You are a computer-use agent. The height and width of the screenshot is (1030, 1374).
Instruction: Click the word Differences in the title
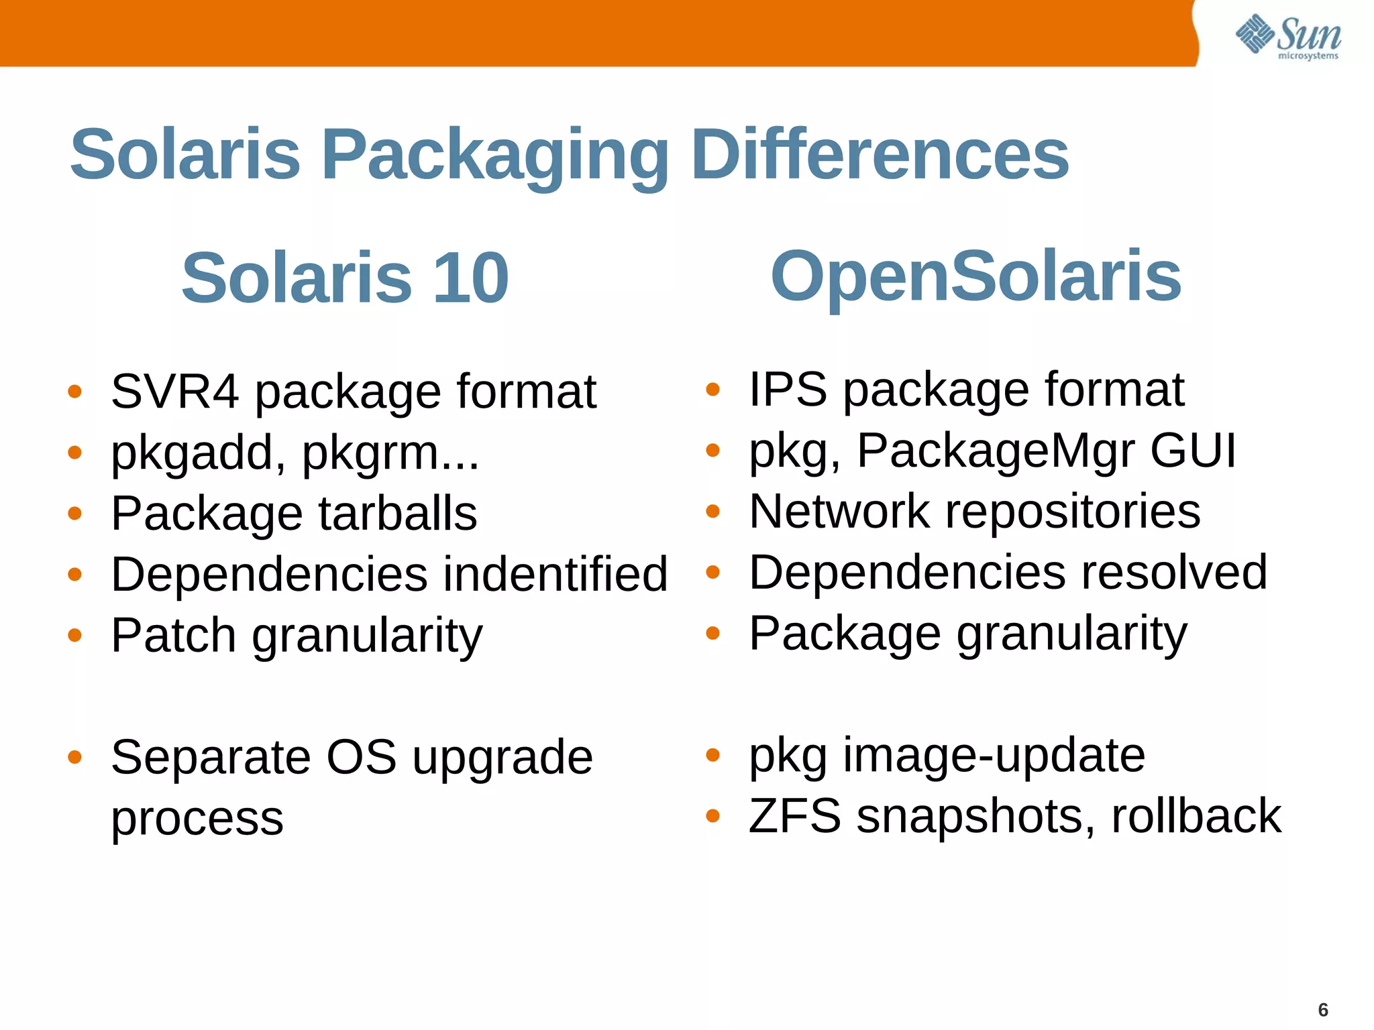pyautogui.click(x=880, y=155)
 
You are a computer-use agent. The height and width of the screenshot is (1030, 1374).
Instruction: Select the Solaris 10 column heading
pyautogui.click(x=345, y=277)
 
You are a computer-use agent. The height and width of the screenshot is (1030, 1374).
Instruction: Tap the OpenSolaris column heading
pyautogui.click(x=975, y=276)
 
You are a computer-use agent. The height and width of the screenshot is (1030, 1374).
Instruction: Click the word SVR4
pyautogui.click(x=174, y=392)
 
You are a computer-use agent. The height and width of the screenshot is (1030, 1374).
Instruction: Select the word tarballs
pyautogui.click(x=397, y=514)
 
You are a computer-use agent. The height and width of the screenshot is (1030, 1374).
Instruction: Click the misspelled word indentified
pyautogui.click(x=548, y=574)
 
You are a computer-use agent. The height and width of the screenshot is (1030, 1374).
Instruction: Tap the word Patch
pyautogui.click(x=173, y=635)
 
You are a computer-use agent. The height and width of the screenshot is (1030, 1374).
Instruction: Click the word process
pyautogui.click(x=197, y=819)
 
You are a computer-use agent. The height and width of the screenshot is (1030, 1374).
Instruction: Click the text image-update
pyautogui.click(x=994, y=755)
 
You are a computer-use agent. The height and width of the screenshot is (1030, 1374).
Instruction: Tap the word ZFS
pyautogui.click(x=794, y=816)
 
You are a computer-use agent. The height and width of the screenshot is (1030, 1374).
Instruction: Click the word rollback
pyautogui.click(x=1196, y=816)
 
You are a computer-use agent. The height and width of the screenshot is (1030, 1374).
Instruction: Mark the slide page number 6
pyautogui.click(x=1323, y=1009)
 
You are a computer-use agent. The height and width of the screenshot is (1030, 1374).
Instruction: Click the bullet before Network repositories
pyautogui.click(x=712, y=512)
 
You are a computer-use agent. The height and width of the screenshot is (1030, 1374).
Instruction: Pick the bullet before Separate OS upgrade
pyautogui.click(x=74, y=758)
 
